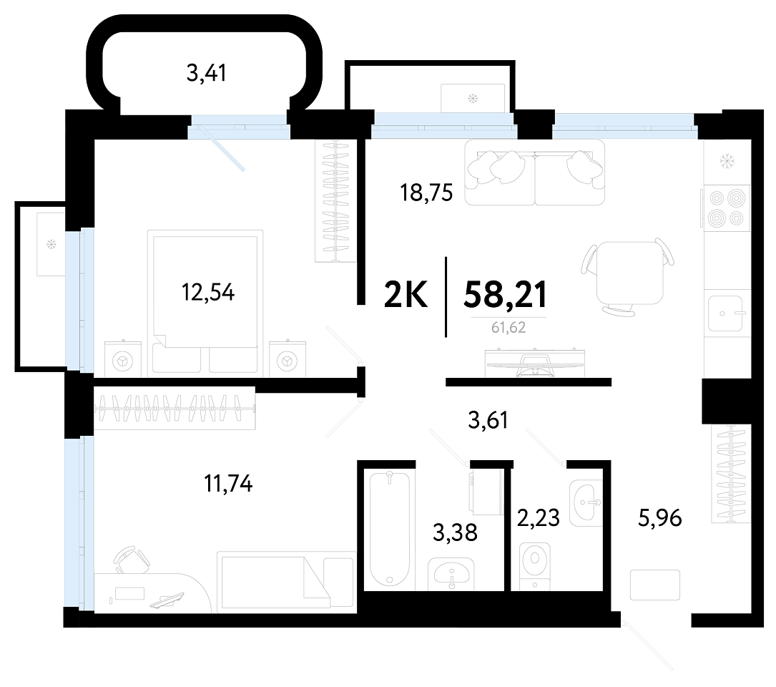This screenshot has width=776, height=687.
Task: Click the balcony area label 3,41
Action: click(x=207, y=73)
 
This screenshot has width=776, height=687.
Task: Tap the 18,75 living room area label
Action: click(x=426, y=193)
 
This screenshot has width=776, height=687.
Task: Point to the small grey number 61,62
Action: click(x=509, y=328)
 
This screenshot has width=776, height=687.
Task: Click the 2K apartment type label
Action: click(x=406, y=295)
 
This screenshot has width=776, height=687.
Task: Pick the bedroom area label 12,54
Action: click(x=208, y=292)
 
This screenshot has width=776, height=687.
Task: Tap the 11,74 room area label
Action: click(x=228, y=484)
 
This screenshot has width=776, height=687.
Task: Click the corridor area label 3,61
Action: click(x=488, y=421)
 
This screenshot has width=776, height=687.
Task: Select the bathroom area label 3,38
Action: click(x=455, y=532)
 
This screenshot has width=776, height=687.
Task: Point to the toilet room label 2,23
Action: click(x=538, y=517)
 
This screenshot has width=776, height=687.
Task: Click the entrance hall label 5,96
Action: click(x=659, y=518)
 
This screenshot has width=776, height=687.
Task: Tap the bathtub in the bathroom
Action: click(x=390, y=529)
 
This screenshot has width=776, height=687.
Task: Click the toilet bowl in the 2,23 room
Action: click(x=535, y=565)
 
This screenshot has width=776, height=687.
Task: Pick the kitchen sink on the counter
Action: click(x=725, y=313)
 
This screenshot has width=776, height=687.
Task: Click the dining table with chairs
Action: click(x=629, y=276)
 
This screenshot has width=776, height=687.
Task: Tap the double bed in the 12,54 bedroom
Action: click(x=205, y=301)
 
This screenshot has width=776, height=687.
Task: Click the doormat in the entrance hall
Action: click(x=654, y=585)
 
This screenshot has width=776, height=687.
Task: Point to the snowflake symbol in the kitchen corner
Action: click(x=727, y=160)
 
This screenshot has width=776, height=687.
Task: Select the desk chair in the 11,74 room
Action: click(x=132, y=560)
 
